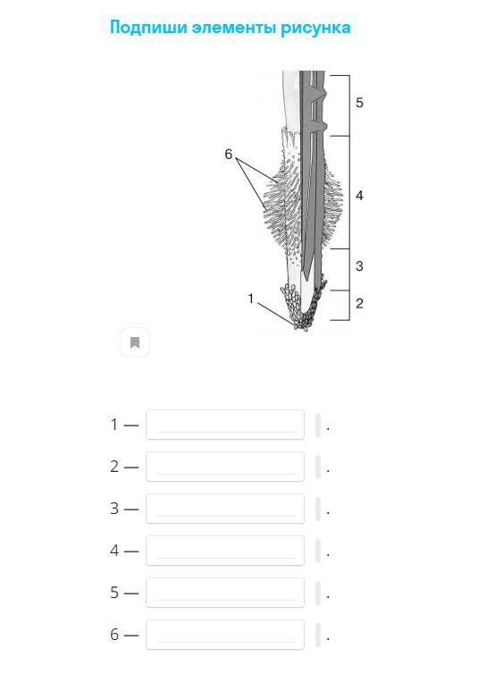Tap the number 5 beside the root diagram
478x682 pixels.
coord(359,103)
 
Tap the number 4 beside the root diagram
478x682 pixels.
coord(359,196)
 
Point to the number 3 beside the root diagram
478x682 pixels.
coord(359,265)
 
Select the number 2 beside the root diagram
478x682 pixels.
coord(359,303)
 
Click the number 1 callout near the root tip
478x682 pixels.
coord(250,299)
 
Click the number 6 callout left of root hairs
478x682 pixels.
coord(229,154)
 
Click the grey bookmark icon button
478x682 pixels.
coord(135,342)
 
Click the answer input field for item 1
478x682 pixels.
coord(225,425)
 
